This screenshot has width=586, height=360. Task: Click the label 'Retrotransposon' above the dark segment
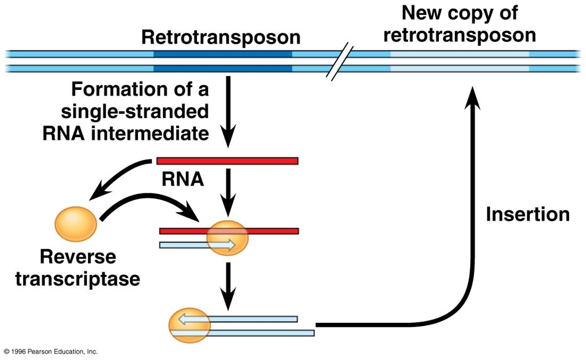pos(221,37)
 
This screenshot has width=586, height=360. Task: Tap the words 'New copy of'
pos(459,13)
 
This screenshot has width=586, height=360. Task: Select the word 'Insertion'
pos(527,214)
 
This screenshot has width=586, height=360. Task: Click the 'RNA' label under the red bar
pos(183,179)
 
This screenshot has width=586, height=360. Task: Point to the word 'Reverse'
pos(78,257)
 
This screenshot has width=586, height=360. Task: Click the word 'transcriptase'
pos(78,279)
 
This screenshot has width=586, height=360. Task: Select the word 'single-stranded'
pos(135,111)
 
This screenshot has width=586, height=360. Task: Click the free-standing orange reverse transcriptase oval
pos(76,224)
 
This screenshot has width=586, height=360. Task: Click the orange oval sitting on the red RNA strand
pos(227,238)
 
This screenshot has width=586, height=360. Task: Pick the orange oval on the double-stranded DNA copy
pos(189,325)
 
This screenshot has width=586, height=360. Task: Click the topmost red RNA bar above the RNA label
pos(227,161)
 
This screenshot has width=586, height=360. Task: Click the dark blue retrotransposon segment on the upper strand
pos(222,54)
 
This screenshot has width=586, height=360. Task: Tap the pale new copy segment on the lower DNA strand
pos(459,69)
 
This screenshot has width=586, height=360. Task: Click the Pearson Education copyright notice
pos(51,352)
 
